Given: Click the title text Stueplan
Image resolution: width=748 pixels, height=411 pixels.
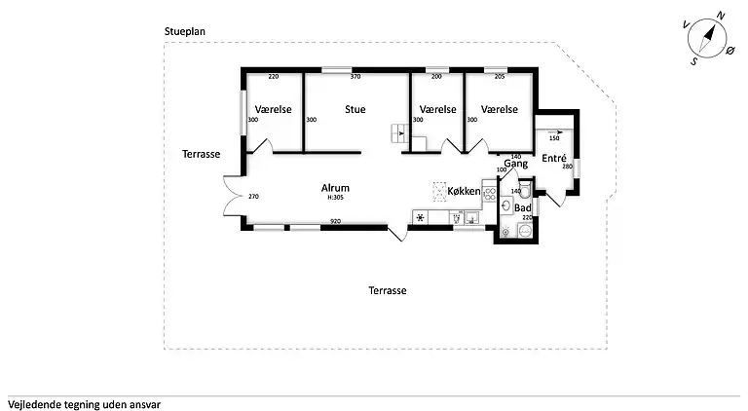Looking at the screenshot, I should [184, 31].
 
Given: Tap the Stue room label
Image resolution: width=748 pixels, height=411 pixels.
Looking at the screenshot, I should [355, 110].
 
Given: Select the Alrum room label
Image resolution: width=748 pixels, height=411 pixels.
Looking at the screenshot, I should [335, 188].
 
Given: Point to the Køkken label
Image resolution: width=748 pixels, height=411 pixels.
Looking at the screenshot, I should [463, 191].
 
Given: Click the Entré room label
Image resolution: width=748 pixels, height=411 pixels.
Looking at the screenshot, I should [553, 159].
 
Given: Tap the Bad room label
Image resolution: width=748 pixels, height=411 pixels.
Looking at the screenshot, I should [523, 208].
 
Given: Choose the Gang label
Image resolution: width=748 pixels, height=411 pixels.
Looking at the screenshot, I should [515, 165].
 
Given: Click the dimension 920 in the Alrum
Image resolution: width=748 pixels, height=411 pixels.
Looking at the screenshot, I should [335, 222].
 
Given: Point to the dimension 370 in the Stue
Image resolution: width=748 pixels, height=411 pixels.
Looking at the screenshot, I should [355, 77].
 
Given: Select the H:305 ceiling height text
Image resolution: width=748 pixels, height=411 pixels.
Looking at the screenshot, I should [335, 198].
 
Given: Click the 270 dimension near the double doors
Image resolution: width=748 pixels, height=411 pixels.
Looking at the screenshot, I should [253, 197].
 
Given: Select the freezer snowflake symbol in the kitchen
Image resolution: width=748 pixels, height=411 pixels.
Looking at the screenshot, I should [421, 217].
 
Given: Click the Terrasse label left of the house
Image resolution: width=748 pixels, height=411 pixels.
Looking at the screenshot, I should [201, 154].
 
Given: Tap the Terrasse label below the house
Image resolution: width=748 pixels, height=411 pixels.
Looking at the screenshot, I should [387, 290].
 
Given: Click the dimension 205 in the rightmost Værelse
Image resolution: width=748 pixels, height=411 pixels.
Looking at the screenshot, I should [499, 77].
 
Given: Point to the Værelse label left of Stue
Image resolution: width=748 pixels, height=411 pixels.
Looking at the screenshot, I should [274, 110].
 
